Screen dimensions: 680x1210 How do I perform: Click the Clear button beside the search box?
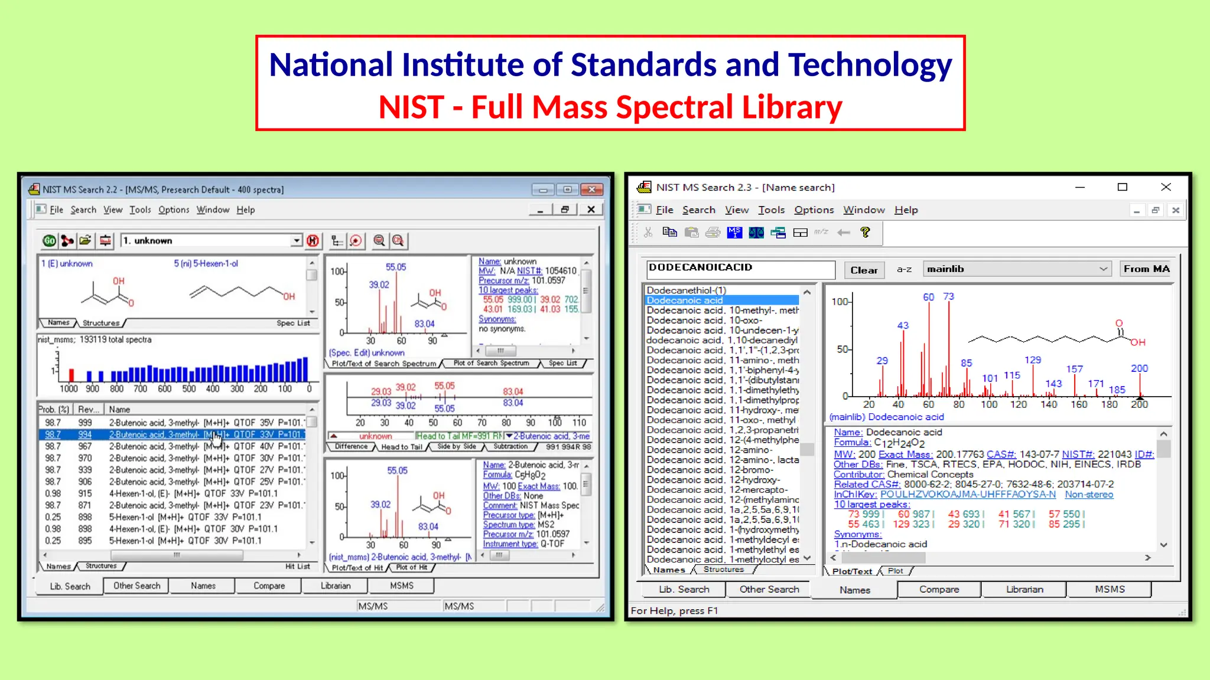coord(864,270)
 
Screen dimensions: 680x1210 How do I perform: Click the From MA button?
coord(1146,269)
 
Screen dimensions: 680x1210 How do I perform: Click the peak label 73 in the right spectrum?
coord(948,296)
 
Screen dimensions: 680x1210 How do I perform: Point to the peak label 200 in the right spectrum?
coord(1139,368)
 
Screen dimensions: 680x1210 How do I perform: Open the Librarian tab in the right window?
coord(1024,589)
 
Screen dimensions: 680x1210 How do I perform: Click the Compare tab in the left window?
coord(269,586)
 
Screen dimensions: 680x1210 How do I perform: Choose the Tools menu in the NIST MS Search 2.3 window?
coord(771,210)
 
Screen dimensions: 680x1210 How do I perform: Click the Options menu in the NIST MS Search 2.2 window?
coord(174,210)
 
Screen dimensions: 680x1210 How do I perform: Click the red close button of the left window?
coord(591,189)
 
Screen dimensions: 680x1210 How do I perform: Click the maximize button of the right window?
coord(1123,187)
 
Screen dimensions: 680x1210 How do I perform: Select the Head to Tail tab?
coord(402,447)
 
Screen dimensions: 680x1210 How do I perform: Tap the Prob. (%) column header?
coord(54,409)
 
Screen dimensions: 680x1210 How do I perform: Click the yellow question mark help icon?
coord(866,233)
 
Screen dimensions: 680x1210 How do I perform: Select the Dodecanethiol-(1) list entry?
coord(686,290)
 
